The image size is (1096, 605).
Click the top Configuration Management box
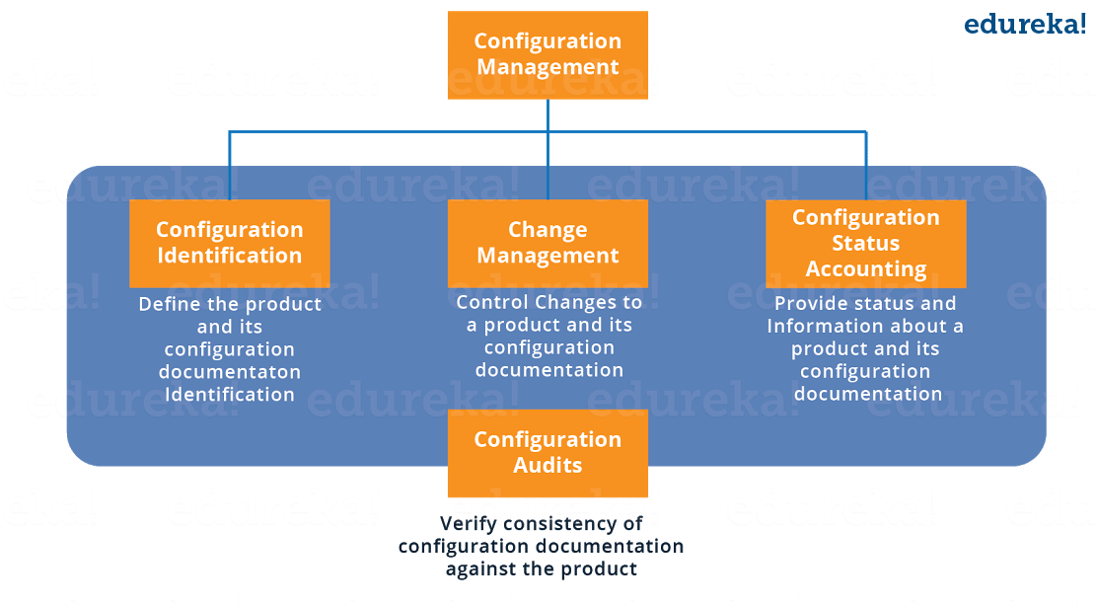tap(548, 55)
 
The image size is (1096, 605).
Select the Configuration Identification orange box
tap(229, 243)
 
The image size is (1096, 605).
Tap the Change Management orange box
tap(548, 243)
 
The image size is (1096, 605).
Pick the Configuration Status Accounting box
tap(866, 243)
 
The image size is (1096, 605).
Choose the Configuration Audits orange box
tap(548, 453)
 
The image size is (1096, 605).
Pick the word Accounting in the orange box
tap(866, 268)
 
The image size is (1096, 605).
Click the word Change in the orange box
tap(548, 230)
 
